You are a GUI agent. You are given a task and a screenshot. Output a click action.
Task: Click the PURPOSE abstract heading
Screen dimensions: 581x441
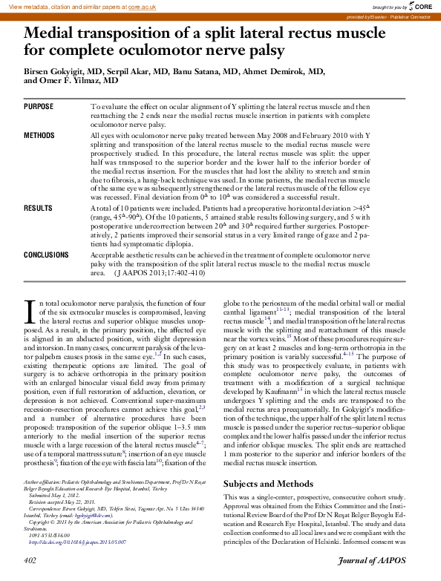(39, 108)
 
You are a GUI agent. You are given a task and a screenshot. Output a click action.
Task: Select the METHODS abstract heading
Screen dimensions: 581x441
(39, 136)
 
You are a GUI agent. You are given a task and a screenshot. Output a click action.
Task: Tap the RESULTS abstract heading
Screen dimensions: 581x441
(38, 209)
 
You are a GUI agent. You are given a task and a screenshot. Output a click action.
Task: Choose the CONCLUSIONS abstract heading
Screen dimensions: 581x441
(46, 255)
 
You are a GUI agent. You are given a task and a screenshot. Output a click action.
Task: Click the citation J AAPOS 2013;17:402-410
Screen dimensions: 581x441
(164, 272)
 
